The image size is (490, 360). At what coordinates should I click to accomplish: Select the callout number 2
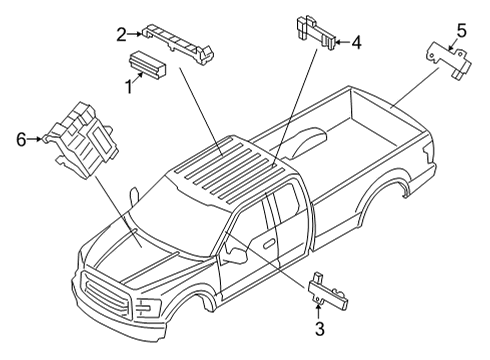(121, 35)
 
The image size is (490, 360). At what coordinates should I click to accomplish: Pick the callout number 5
(461, 29)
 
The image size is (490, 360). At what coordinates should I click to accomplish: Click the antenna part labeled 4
(312, 33)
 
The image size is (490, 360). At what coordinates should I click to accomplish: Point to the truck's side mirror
(237, 256)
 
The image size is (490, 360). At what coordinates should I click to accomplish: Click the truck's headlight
(147, 306)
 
